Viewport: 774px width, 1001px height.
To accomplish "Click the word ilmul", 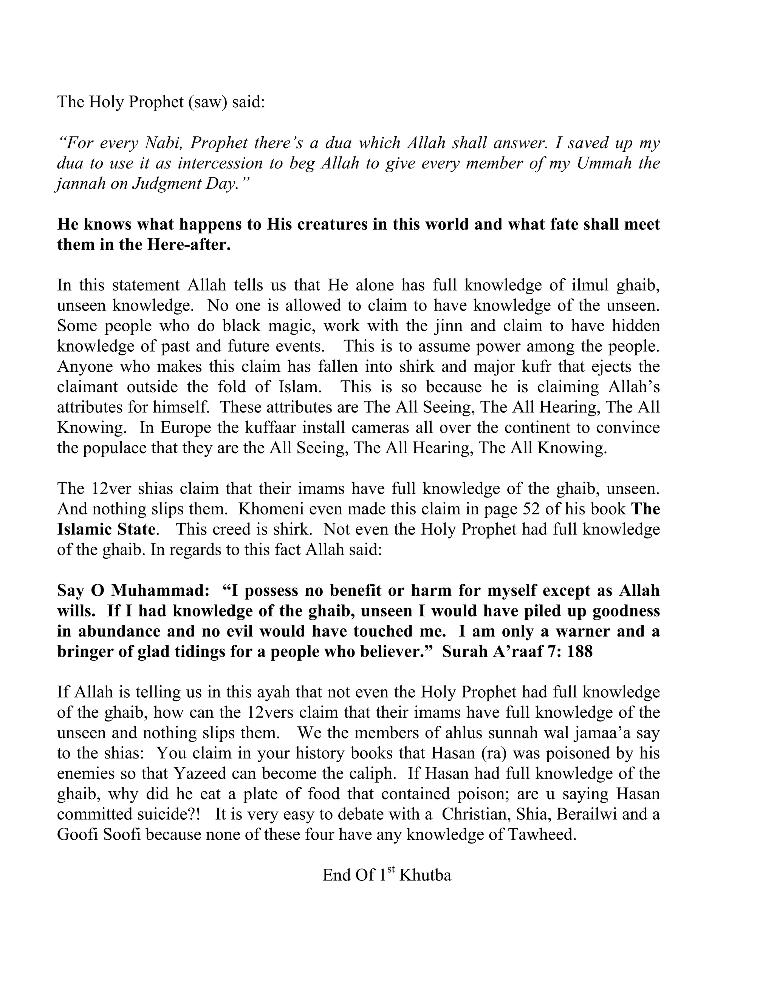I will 588,285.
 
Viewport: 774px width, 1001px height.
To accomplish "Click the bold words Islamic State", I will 106,529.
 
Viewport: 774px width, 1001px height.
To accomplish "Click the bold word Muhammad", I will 159,591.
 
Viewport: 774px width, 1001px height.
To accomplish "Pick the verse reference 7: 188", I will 570,652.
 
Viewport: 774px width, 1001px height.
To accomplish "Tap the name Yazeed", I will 200,774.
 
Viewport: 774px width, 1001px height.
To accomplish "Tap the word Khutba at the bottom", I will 425,876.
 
